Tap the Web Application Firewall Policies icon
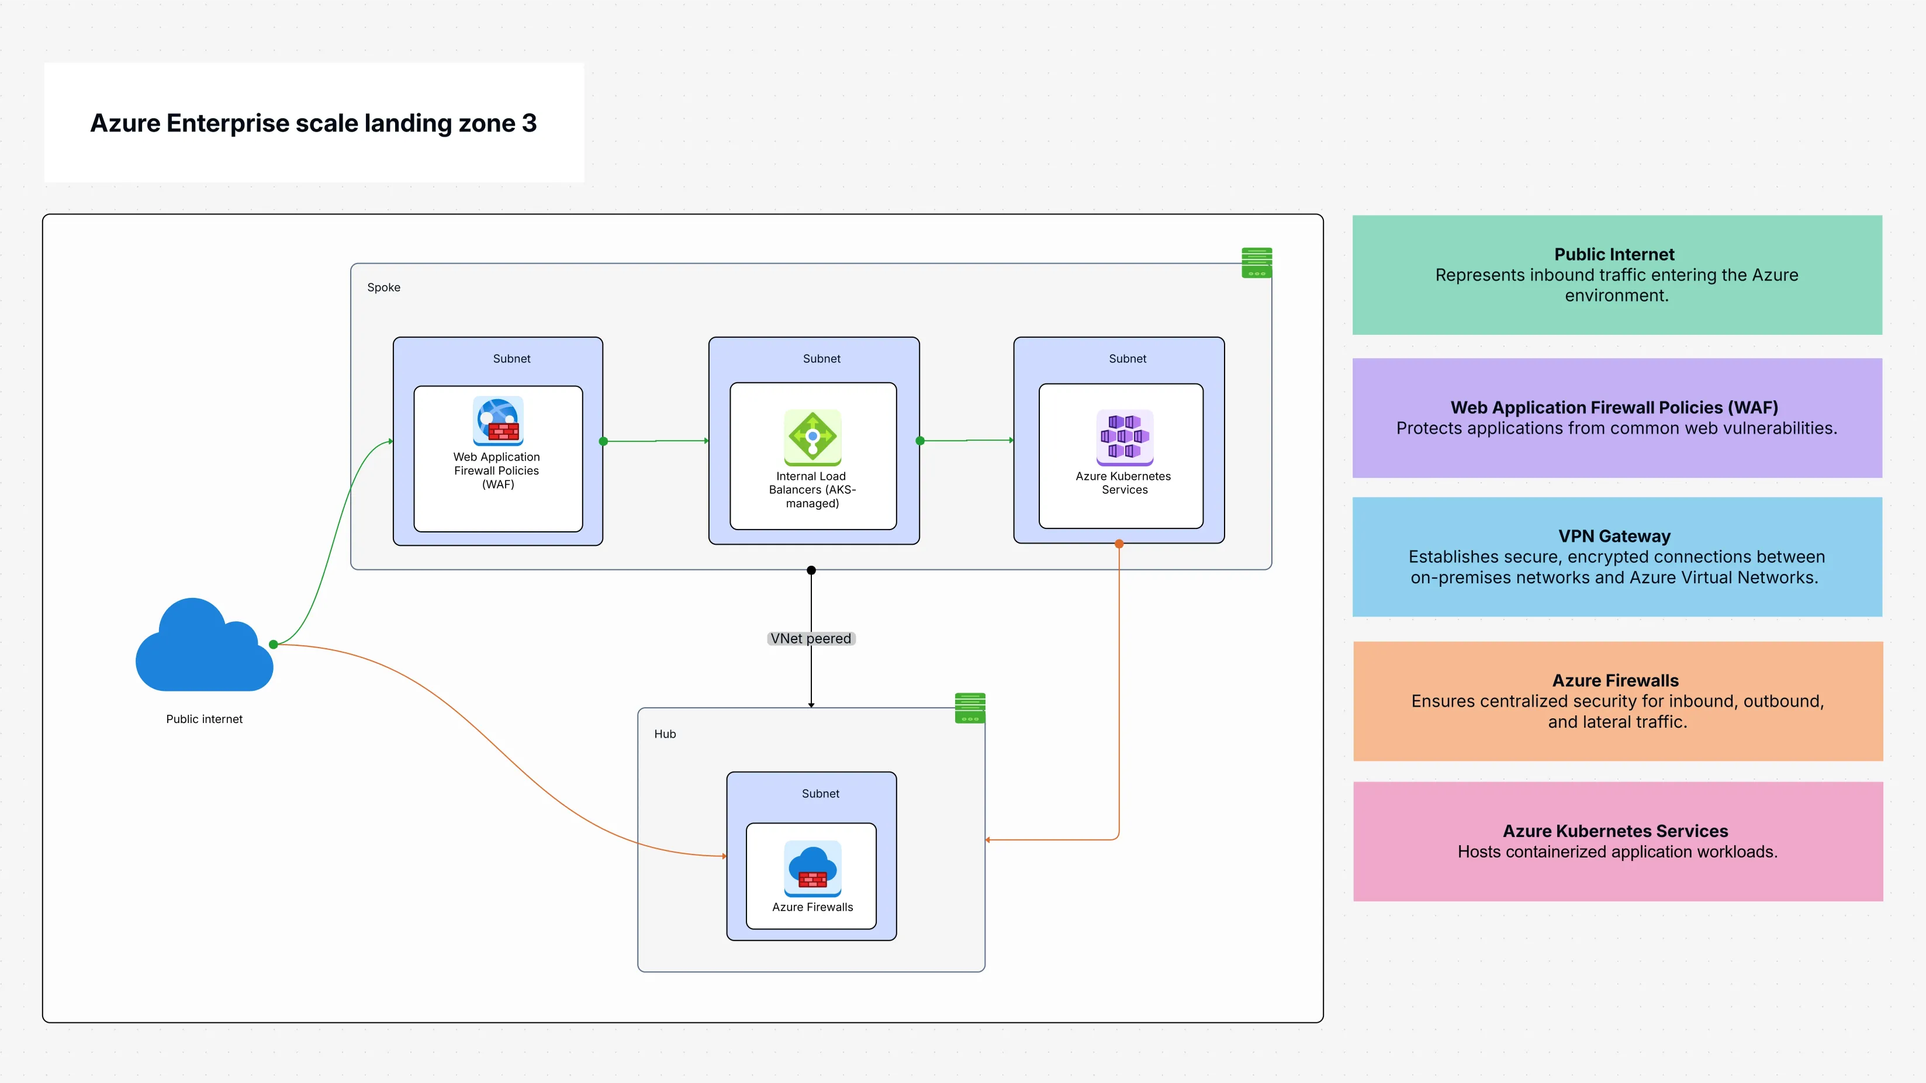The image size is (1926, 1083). (498, 421)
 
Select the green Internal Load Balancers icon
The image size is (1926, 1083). (812, 437)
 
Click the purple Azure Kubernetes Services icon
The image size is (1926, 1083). (1125, 437)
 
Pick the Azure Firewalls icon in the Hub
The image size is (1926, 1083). (812, 869)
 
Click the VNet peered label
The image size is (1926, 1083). (811, 638)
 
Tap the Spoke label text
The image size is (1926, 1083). (383, 287)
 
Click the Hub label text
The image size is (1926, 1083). (665, 734)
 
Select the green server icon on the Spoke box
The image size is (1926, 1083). (1256, 262)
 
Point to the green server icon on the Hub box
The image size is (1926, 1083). (970, 708)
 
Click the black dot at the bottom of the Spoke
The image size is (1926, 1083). (811, 570)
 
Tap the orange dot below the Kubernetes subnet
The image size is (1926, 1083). (1119, 544)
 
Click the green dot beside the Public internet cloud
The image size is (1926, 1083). (274, 644)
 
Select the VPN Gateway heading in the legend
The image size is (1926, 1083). (1614, 536)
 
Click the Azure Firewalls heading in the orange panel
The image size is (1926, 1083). (1615, 680)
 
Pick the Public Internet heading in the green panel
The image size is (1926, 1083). (1614, 254)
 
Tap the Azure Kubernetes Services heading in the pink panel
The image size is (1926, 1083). (1615, 831)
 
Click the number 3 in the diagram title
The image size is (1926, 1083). (530, 123)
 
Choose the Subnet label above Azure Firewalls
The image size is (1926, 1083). (820, 794)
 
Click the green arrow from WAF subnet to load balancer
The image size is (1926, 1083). (656, 441)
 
